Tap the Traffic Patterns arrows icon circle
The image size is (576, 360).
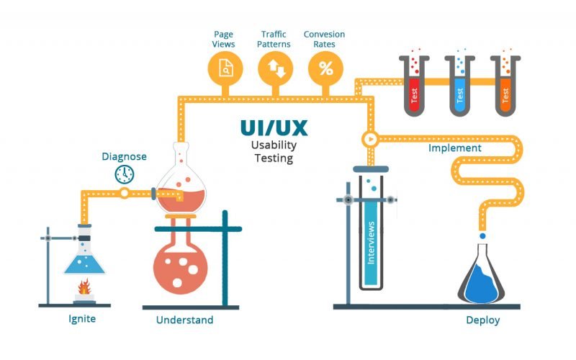276,69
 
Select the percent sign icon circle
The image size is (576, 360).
326,69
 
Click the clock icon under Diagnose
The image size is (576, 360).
125,174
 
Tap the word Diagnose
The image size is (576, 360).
124,156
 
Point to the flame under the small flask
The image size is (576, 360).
84,286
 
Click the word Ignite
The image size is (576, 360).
78,318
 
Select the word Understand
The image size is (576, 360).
184,319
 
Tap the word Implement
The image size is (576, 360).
455,148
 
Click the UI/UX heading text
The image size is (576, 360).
274,128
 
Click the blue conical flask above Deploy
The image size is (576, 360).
482,277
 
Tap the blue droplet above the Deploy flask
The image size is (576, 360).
482,235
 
